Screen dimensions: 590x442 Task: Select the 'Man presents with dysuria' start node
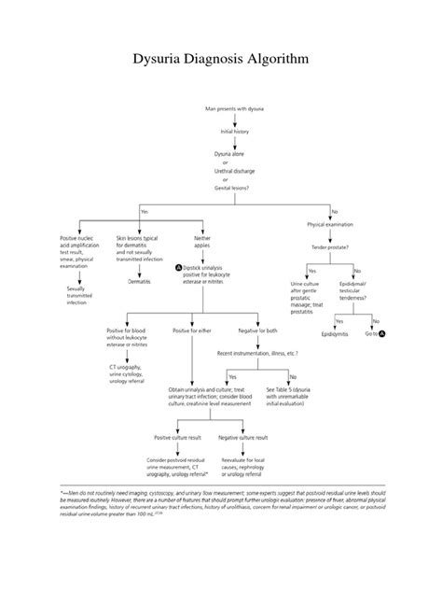[235, 109]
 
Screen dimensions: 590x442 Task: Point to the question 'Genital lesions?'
[235, 188]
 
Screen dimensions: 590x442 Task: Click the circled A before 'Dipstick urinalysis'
[178, 266]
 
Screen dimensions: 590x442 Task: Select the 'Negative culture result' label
[242, 437]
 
